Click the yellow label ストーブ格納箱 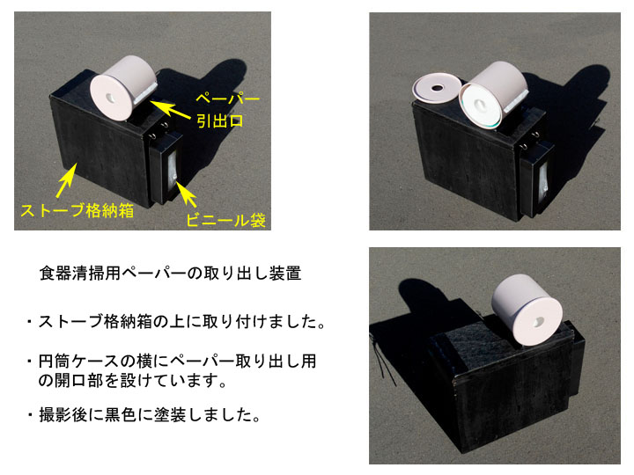(x=77, y=210)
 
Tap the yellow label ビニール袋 (x=225, y=220)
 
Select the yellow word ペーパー (x=228, y=99)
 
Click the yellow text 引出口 (x=220, y=121)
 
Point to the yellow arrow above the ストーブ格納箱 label (x=66, y=180)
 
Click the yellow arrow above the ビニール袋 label (x=186, y=195)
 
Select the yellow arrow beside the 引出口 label (x=170, y=109)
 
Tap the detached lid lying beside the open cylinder (x=437, y=88)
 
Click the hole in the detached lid (x=437, y=88)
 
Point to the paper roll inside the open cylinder (x=481, y=106)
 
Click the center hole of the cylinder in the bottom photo (x=539, y=322)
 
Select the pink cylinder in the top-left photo (x=122, y=87)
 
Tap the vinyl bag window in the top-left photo (x=173, y=171)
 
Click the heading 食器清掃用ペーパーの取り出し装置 (x=170, y=274)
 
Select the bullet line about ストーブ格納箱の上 (x=176, y=322)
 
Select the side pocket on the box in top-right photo (x=536, y=179)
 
